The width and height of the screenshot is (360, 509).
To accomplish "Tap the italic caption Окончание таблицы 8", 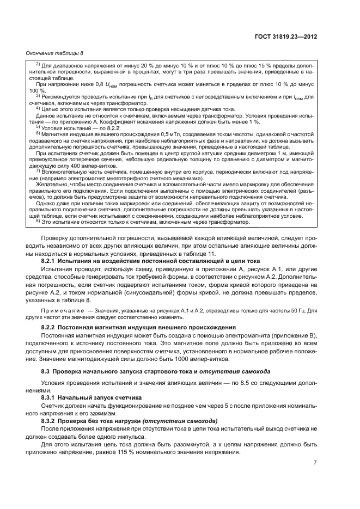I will (x=53, y=53).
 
